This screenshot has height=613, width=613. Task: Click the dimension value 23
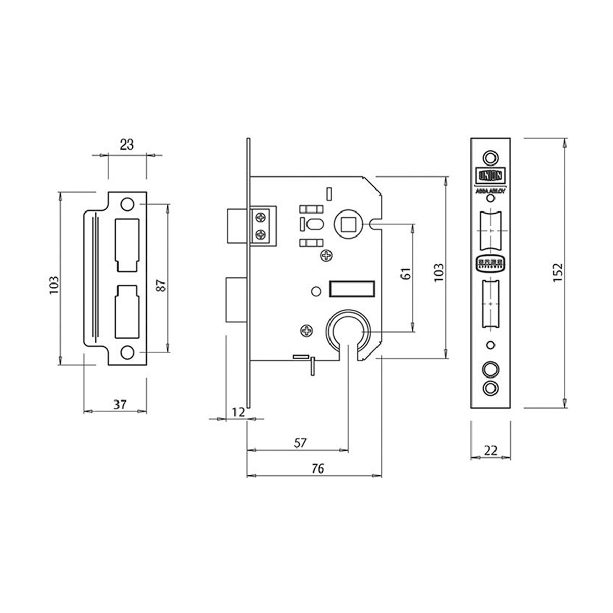pyautogui.click(x=127, y=145)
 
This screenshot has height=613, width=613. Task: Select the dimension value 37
pyautogui.click(x=120, y=405)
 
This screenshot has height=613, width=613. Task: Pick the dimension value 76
pyautogui.click(x=318, y=469)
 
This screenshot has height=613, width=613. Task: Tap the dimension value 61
pyautogui.click(x=406, y=275)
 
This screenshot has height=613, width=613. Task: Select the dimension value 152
pyautogui.click(x=557, y=273)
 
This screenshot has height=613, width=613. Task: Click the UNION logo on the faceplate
pyautogui.click(x=490, y=175)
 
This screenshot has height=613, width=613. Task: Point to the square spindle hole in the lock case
pyautogui.click(x=349, y=223)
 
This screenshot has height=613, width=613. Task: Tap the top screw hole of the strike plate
pyautogui.click(x=127, y=204)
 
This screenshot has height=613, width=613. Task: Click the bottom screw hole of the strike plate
pyautogui.click(x=127, y=352)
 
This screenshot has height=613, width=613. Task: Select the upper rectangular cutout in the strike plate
pyautogui.click(x=128, y=244)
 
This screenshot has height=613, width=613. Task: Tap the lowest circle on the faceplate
pyautogui.click(x=490, y=387)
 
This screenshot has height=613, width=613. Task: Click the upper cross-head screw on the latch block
pyautogui.click(x=261, y=218)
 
